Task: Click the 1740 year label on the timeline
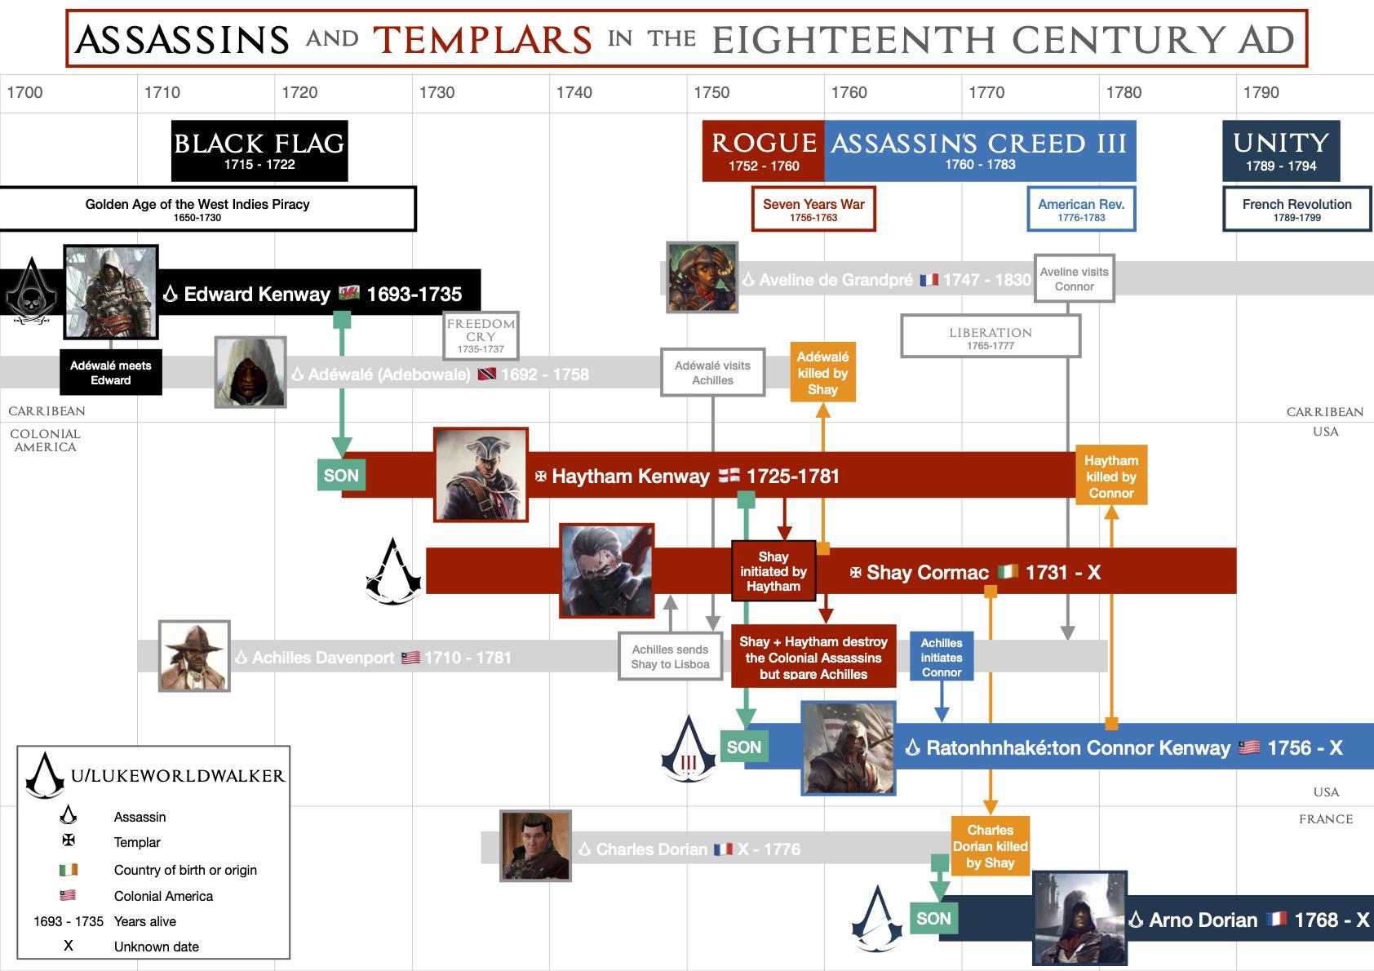(x=574, y=92)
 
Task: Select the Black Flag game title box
(x=259, y=151)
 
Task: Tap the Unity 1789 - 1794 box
(x=1281, y=151)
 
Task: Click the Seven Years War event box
(x=813, y=210)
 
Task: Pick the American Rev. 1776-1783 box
(x=1081, y=210)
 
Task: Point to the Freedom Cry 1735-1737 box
(x=481, y=335)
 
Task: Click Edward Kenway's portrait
(x=111, y=291)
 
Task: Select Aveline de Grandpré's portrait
(x=703, y=277)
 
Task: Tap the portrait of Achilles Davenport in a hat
(x=194, y=656)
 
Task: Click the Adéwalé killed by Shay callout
(x=822, y=373)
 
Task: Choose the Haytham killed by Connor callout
(x=1111, y=476)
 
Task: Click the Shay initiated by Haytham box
(x=773, y=571)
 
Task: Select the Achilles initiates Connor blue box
(x=942, y=657)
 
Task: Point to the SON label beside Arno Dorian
(x=933, y=919)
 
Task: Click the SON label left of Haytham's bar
(x=341, y=475)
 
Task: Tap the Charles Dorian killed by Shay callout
(x=990, y=846)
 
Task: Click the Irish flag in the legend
(x=69, y=870)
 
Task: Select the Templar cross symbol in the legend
(x=69, y=840)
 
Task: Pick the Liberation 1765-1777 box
(x=991, y=337)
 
